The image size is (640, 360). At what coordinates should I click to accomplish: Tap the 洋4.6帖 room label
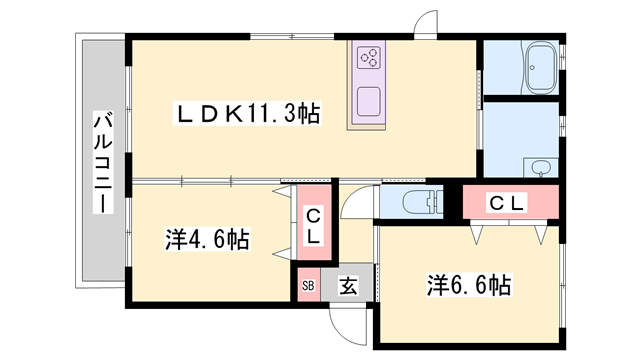click(x=207, y=240)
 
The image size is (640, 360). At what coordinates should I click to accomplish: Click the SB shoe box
click(x=308, y=286)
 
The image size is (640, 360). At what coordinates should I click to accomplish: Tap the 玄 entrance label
click(x=347, y=286)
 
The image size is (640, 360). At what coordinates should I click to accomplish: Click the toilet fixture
click(x=414, y=200)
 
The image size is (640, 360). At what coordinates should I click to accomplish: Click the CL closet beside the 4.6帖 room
click(x=313, y=226)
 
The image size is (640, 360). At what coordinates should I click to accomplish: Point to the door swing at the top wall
click(x=427, y=26)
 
